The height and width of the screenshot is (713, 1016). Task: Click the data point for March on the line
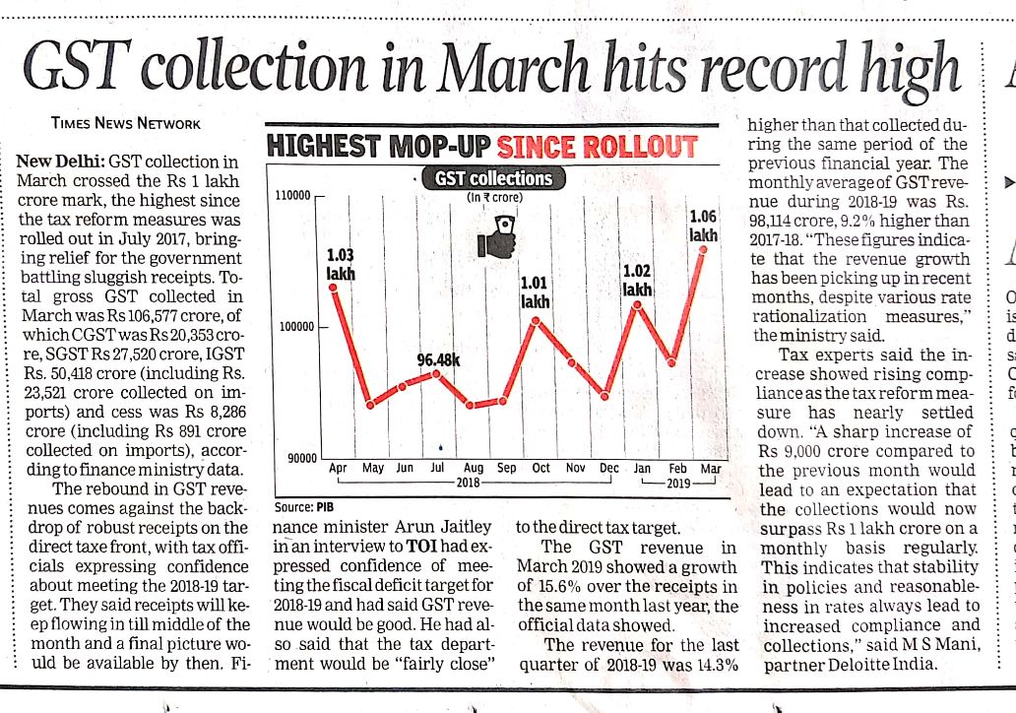click(704, 248)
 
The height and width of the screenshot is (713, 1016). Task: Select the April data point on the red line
click(334, 288)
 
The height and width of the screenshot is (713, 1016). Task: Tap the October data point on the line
click(536, 320)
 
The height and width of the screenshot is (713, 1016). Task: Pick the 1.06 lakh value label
click(703, 226)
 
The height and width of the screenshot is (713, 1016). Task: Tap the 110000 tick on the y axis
click(294, 197)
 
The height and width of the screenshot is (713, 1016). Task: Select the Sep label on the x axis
click(507, 469)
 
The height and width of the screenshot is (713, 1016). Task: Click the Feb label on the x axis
click(677, 469)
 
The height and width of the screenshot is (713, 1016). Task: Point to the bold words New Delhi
click(61, 161)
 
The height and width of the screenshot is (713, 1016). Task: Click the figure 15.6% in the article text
click(559, 587)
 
